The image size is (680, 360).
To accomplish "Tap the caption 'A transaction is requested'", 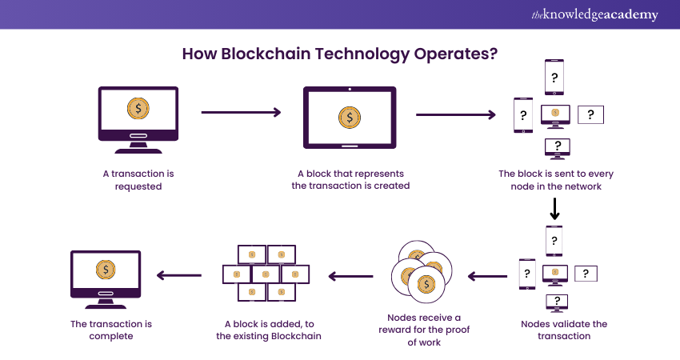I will coord(133,180).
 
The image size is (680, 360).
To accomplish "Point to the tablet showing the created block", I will coord(350,118).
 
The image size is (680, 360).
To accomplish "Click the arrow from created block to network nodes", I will coord(455,115).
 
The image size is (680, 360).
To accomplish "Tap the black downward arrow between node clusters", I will coord(555,210).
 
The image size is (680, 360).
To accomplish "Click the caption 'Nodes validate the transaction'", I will coord(564,330).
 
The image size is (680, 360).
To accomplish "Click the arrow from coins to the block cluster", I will coord(350,277).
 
